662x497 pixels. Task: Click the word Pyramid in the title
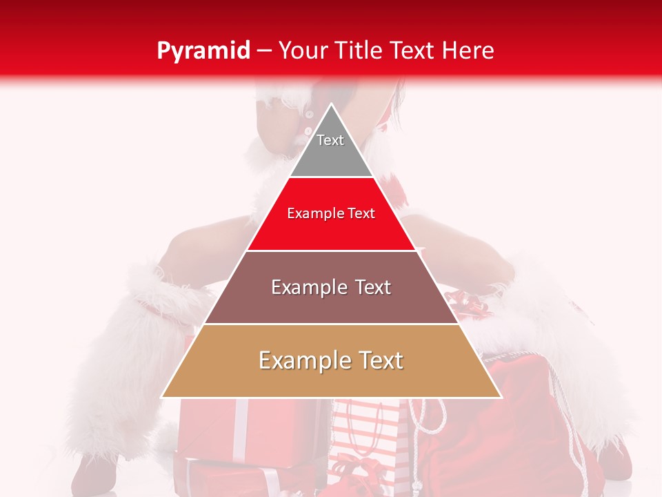coord(203,50)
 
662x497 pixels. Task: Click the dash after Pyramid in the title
coord(264,51)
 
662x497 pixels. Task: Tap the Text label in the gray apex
coord(330,140)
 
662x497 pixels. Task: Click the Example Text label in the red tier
coord(331,213)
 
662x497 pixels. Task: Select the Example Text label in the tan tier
coord(331,360)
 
